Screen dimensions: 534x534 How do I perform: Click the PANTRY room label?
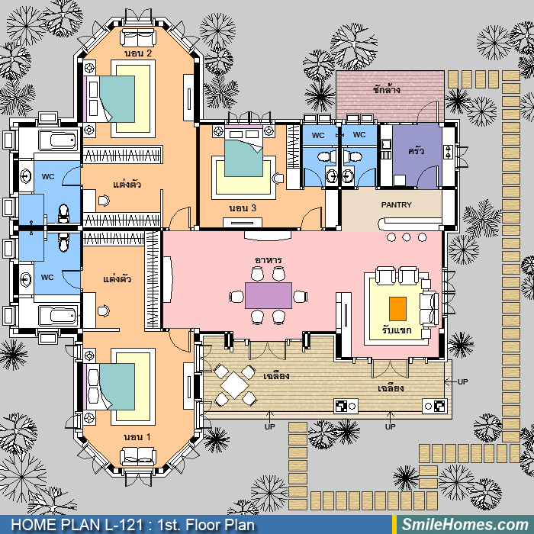click(396, 204)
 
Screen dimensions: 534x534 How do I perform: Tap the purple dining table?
click(269, 295)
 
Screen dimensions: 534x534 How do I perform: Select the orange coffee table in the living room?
click(397, 309)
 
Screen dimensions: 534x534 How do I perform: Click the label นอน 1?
click(137, 436)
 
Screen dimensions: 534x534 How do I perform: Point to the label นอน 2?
click(138, 53)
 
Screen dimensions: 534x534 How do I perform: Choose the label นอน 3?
click(243, 207)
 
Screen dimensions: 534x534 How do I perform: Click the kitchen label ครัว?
click(417, 150)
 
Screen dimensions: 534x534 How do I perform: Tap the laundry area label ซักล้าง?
click(386, 89)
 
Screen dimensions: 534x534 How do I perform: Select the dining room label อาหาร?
click(268, 260)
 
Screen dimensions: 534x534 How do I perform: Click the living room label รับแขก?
click(397, 330)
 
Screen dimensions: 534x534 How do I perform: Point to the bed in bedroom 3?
click(243, 152)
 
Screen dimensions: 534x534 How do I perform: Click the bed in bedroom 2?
click(109, 99)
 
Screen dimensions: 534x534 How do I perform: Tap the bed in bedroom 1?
click(109, 387)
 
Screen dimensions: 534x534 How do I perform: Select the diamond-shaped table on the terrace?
click(234, 385)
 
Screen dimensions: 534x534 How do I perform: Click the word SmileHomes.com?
click(465, 525)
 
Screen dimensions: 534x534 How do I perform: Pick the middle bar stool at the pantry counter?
click(407, 237)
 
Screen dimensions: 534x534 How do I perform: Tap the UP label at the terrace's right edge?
click(462, 381)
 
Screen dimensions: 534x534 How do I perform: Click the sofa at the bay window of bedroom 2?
click(138, 37)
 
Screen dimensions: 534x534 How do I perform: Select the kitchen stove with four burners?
click(449, 152)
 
